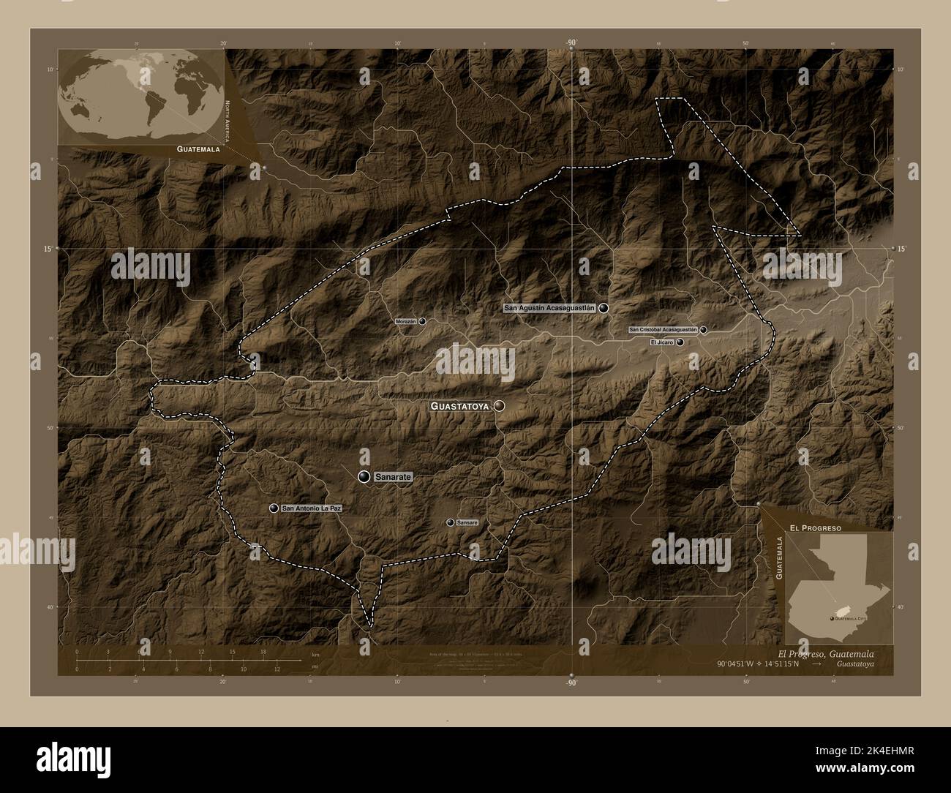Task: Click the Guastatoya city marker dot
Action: click(500, 405)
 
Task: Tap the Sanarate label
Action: click(394, 477)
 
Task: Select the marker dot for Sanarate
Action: click(364, 477)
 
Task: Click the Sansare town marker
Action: click(451, 522)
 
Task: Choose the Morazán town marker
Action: click(422, 321)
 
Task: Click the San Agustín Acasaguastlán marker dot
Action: click(604, 309)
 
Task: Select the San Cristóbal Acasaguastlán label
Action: click(664, 330)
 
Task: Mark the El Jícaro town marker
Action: click(680, 342)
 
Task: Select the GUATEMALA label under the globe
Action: click(198, 149)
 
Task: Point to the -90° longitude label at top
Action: click(571, 42)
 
